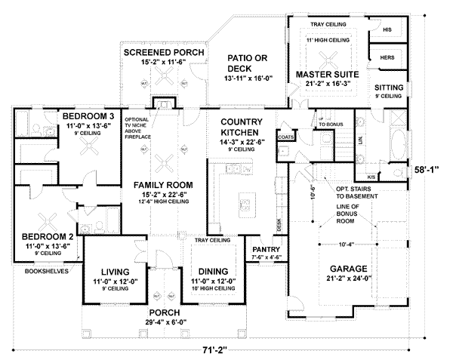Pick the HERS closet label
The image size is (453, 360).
pos(388,57)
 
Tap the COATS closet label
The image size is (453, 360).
pos(285,137)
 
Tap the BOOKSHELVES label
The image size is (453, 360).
pos(47,269)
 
